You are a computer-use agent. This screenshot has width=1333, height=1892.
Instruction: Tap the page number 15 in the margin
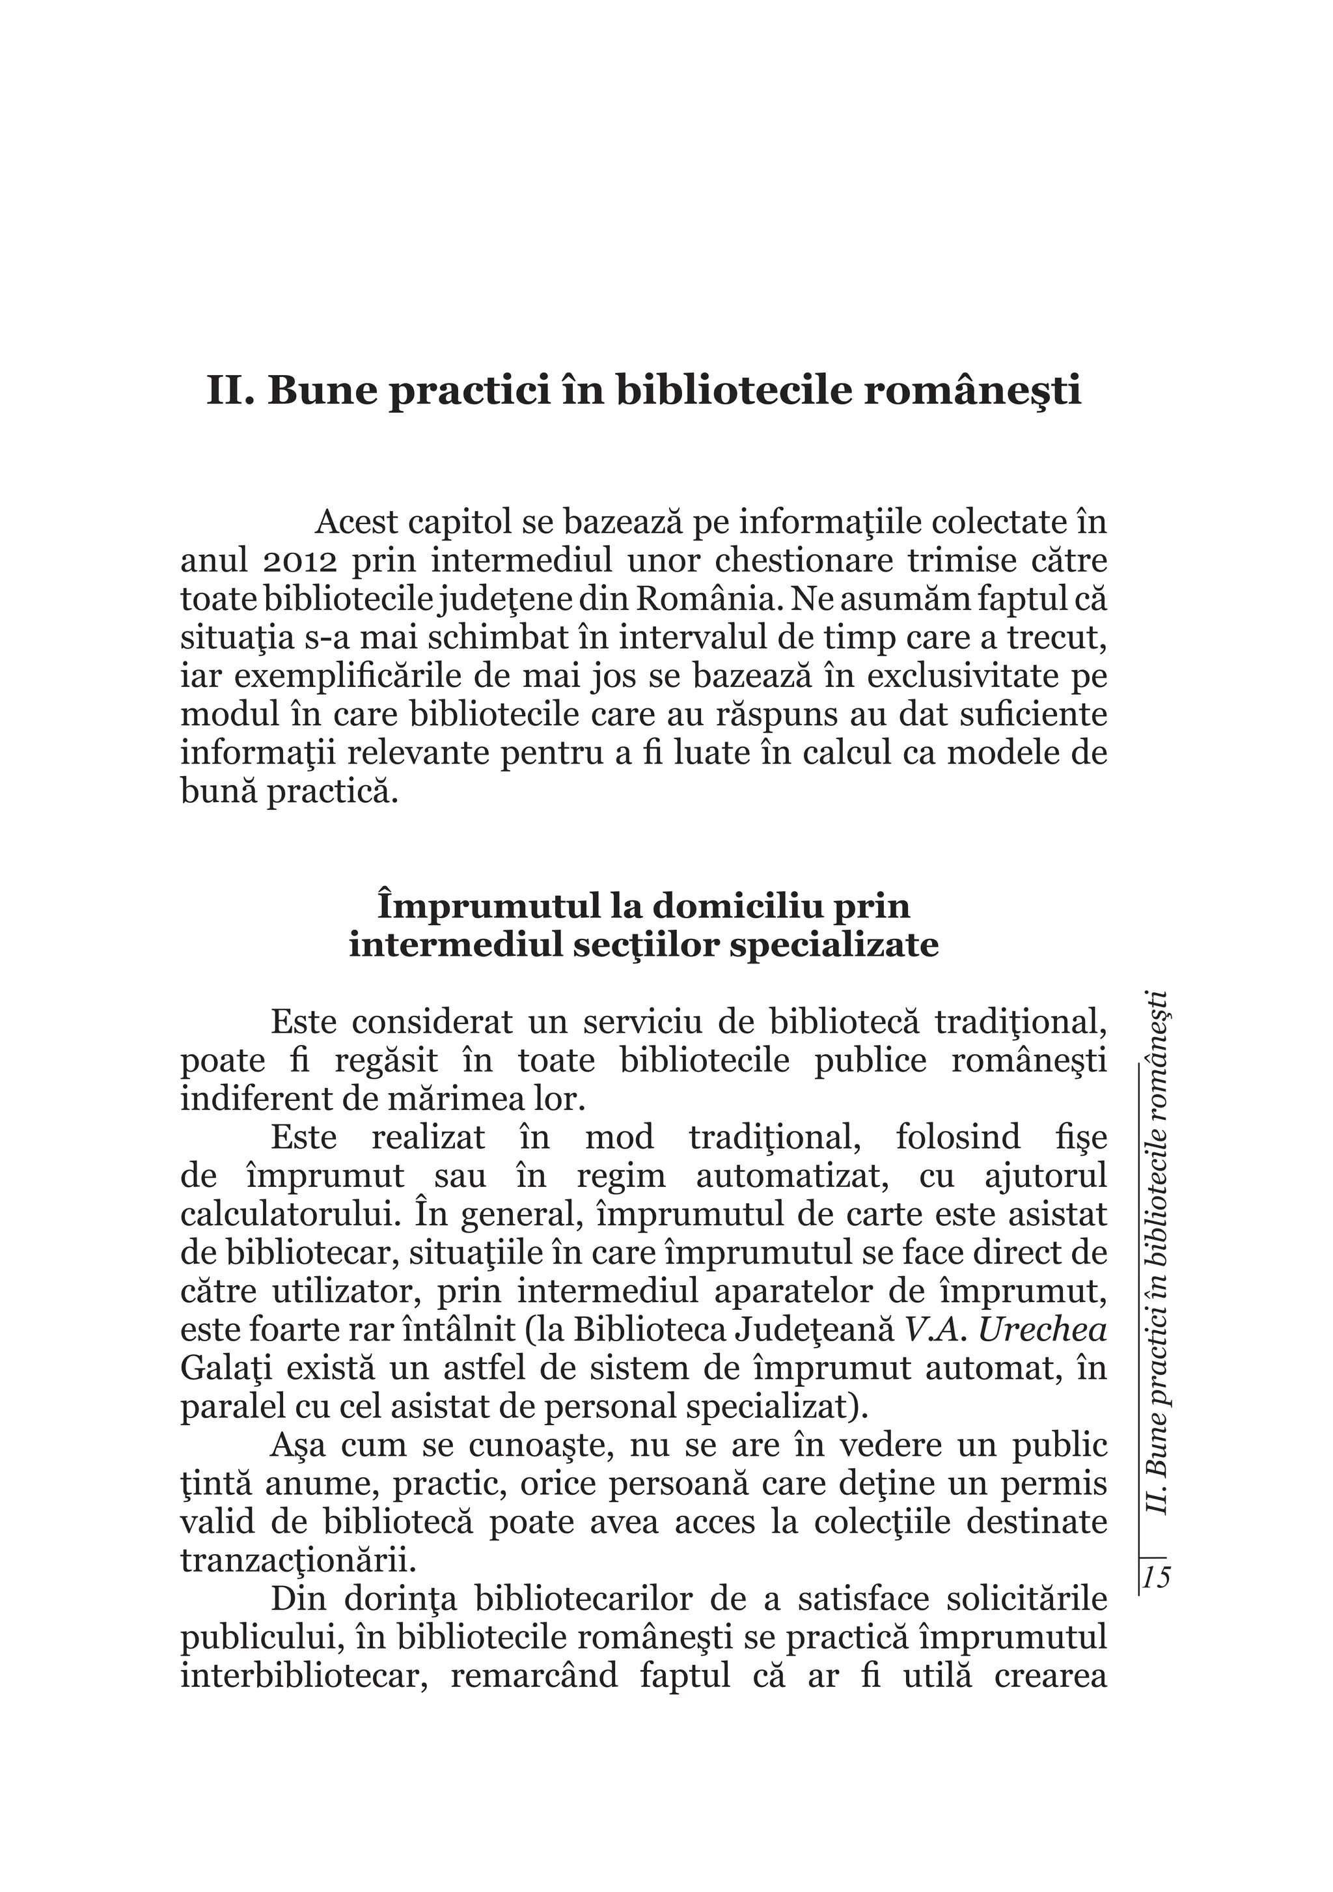click(1156, 1578)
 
